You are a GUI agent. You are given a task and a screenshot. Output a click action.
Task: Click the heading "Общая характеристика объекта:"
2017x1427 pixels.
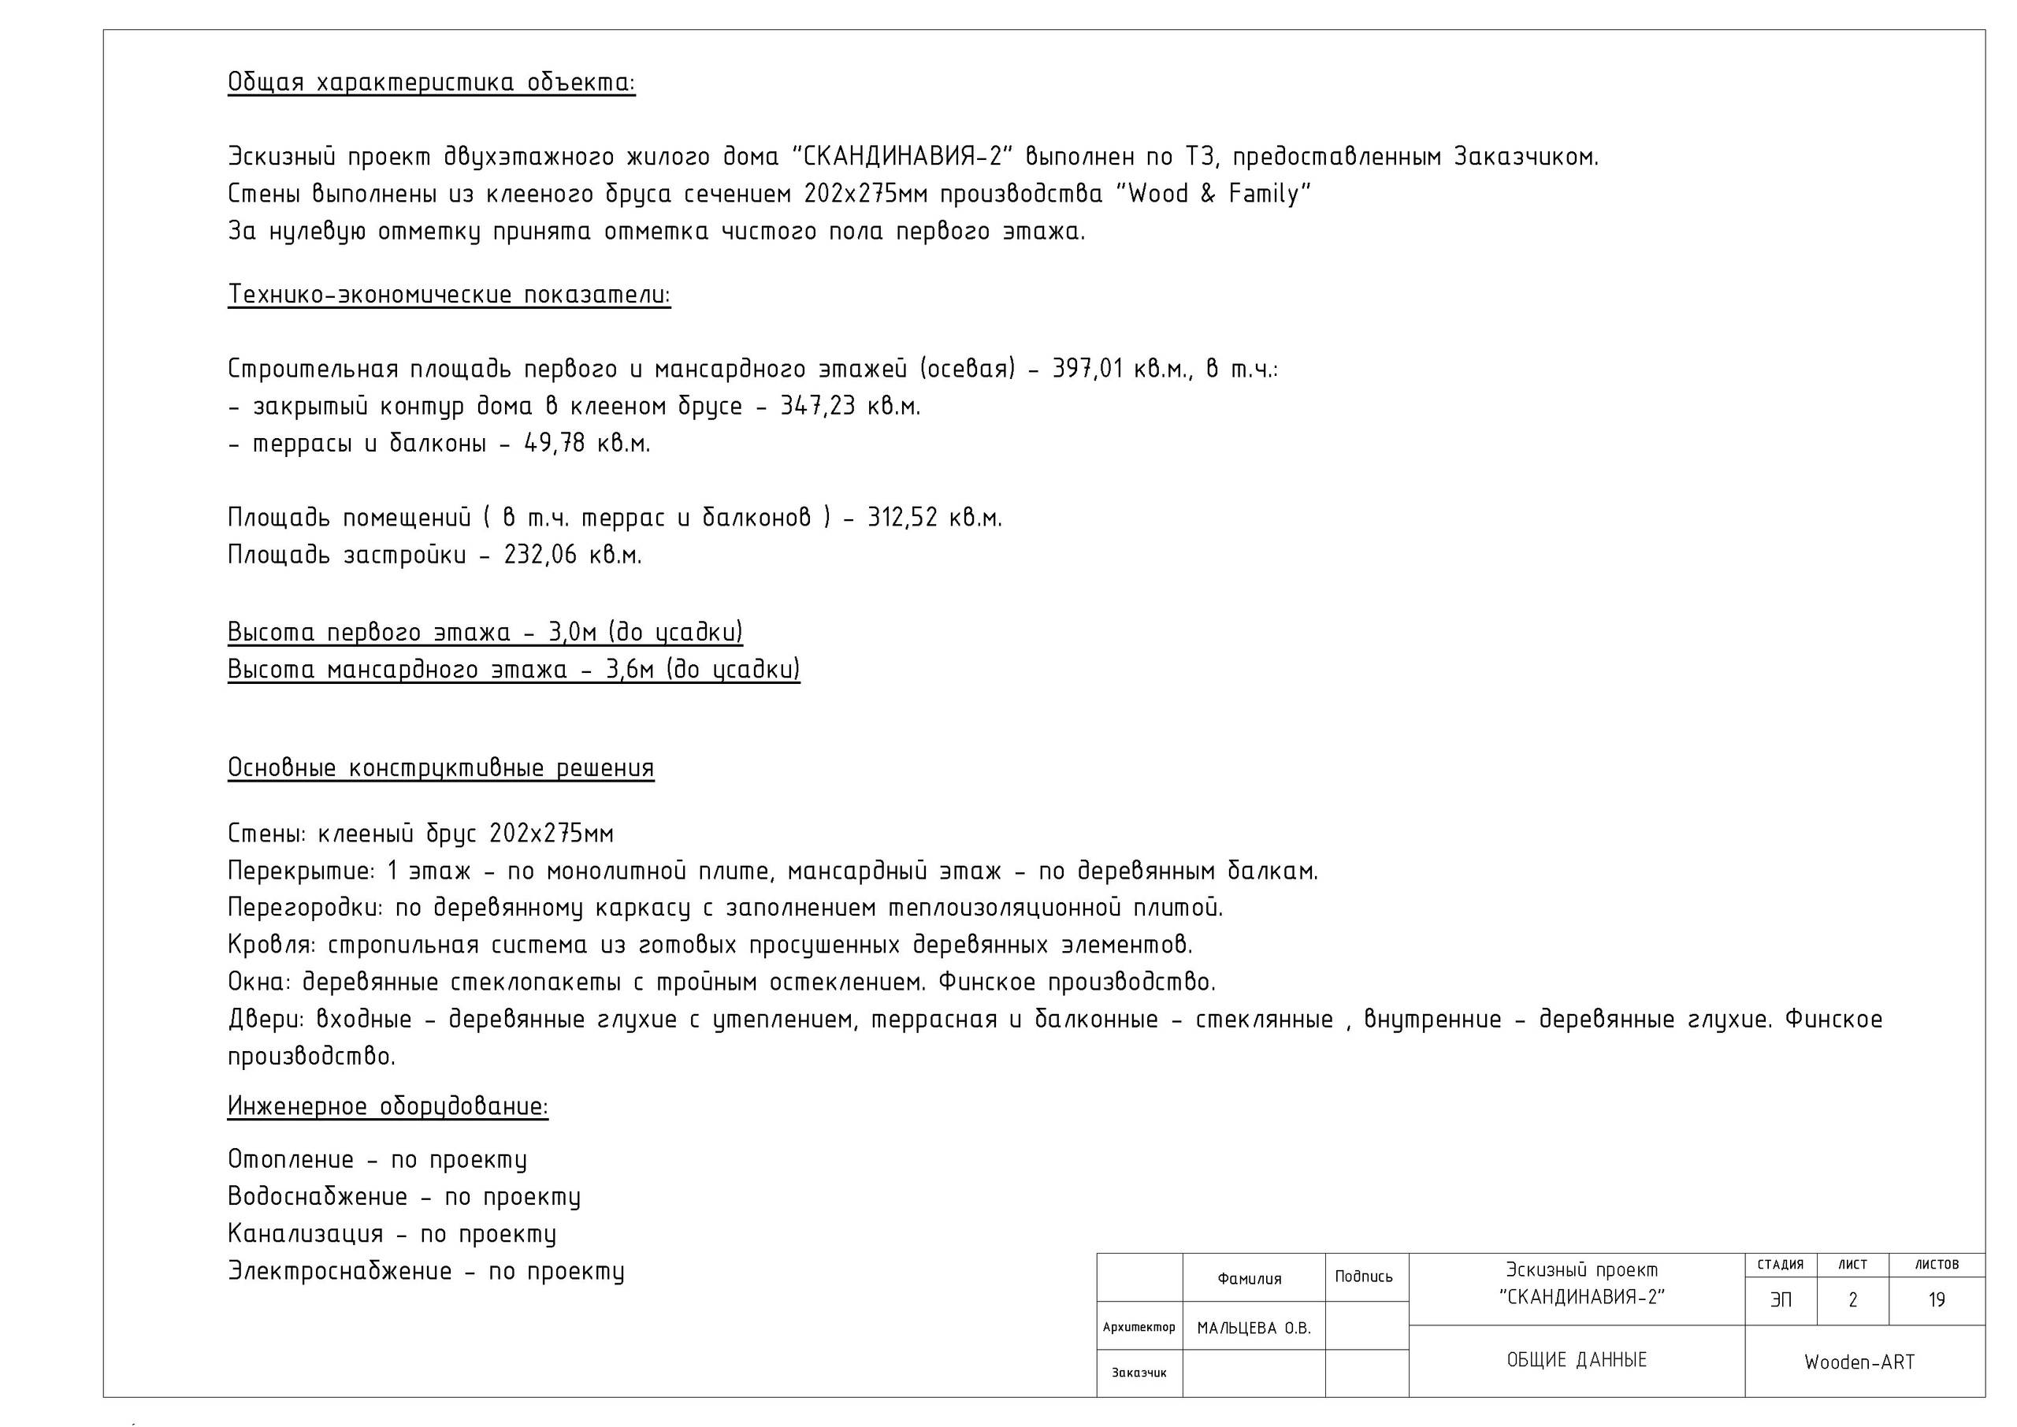tap(430, 83)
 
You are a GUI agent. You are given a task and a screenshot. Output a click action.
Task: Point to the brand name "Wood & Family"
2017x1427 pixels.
tap(1213, 194)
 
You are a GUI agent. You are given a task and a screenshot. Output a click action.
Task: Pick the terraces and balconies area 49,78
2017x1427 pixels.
tap(555, 444)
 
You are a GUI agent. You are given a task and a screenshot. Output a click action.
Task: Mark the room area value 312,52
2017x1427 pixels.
tap(902, 518)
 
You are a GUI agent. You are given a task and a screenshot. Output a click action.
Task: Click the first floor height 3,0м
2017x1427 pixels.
tap(572, 633)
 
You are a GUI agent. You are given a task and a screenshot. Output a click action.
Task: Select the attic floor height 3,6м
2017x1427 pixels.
tap(629, 671)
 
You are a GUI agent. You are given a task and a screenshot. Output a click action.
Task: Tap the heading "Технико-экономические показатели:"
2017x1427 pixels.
tap(449, 295)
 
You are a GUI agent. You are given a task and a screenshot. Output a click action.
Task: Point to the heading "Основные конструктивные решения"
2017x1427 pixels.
tap(440, 769)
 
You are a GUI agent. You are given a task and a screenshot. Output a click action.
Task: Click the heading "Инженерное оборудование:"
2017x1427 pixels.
tap(388, 1106)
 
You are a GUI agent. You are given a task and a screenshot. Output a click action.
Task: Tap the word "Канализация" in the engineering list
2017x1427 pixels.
tap(305, 1235)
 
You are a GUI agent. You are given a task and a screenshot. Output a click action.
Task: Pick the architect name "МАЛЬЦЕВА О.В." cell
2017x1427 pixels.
tap(1254, 1329)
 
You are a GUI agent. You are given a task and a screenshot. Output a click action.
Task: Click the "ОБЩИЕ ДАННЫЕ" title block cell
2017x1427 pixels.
tap(1576, 1360)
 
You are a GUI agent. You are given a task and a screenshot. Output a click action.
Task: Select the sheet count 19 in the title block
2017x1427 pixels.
tap(1936, 1300)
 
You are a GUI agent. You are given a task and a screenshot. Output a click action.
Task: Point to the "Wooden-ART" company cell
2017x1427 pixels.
tap(1859, 1362)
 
